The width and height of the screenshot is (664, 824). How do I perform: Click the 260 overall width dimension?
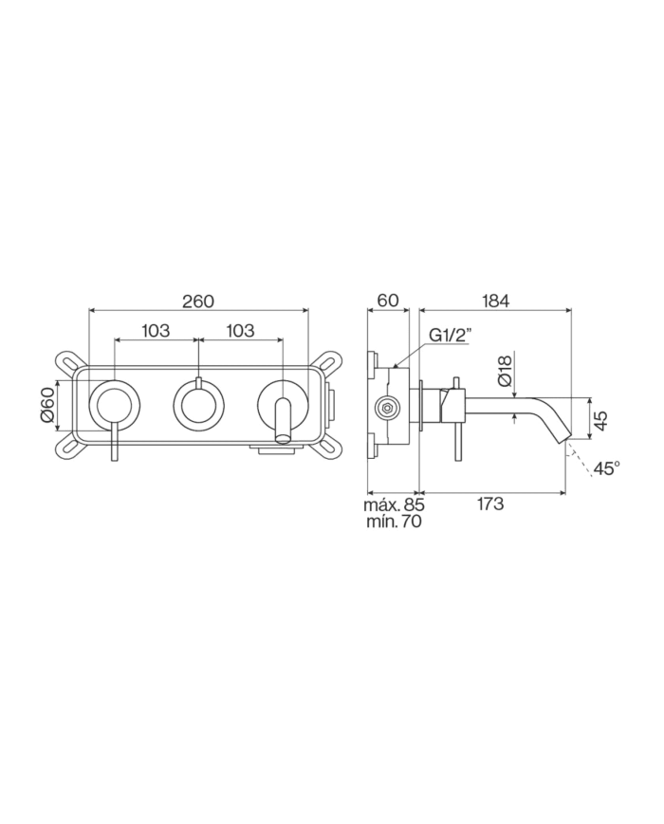198,302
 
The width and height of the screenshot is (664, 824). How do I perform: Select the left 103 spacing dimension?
156,331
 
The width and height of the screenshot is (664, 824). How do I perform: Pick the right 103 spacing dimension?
240,331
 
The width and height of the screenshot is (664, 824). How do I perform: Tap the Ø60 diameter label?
46,404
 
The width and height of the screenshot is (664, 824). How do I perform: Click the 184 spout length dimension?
495,301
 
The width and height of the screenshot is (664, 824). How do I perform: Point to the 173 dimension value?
490,504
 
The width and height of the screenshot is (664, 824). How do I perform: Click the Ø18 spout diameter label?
505,372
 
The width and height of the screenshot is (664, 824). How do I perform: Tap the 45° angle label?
607,467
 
